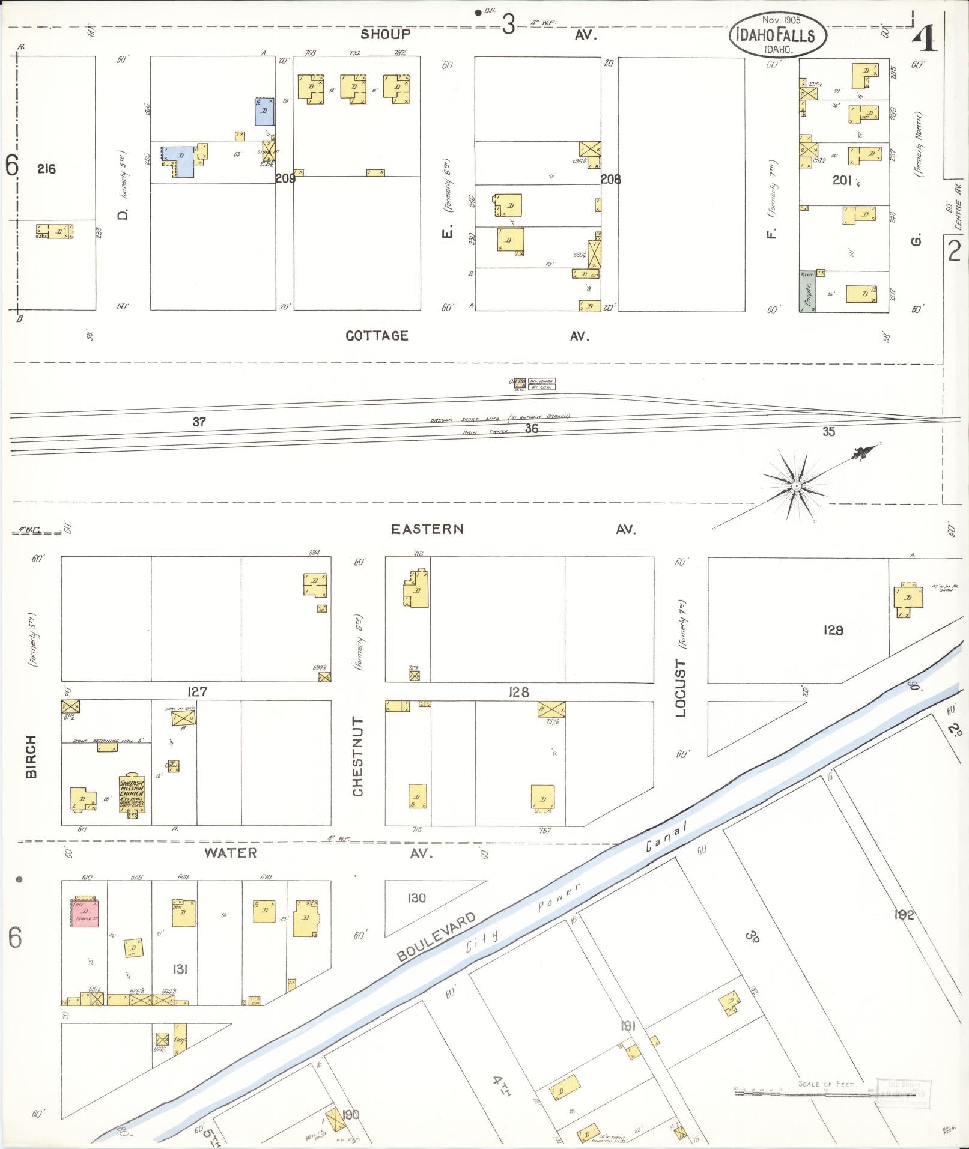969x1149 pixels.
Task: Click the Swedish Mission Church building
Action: [132, 793]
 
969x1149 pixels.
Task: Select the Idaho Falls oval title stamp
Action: [778, 35]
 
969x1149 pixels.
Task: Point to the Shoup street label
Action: [385, 34]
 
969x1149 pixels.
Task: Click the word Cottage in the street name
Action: [377, 336]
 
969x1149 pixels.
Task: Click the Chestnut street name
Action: [358, 756]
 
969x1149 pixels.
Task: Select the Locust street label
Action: [681, 688]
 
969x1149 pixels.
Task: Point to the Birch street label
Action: [31, 756]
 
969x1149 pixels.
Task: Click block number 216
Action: [46, 169]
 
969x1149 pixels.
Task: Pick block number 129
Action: [833, 631]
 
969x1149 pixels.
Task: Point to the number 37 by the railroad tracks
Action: [199, 422]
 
